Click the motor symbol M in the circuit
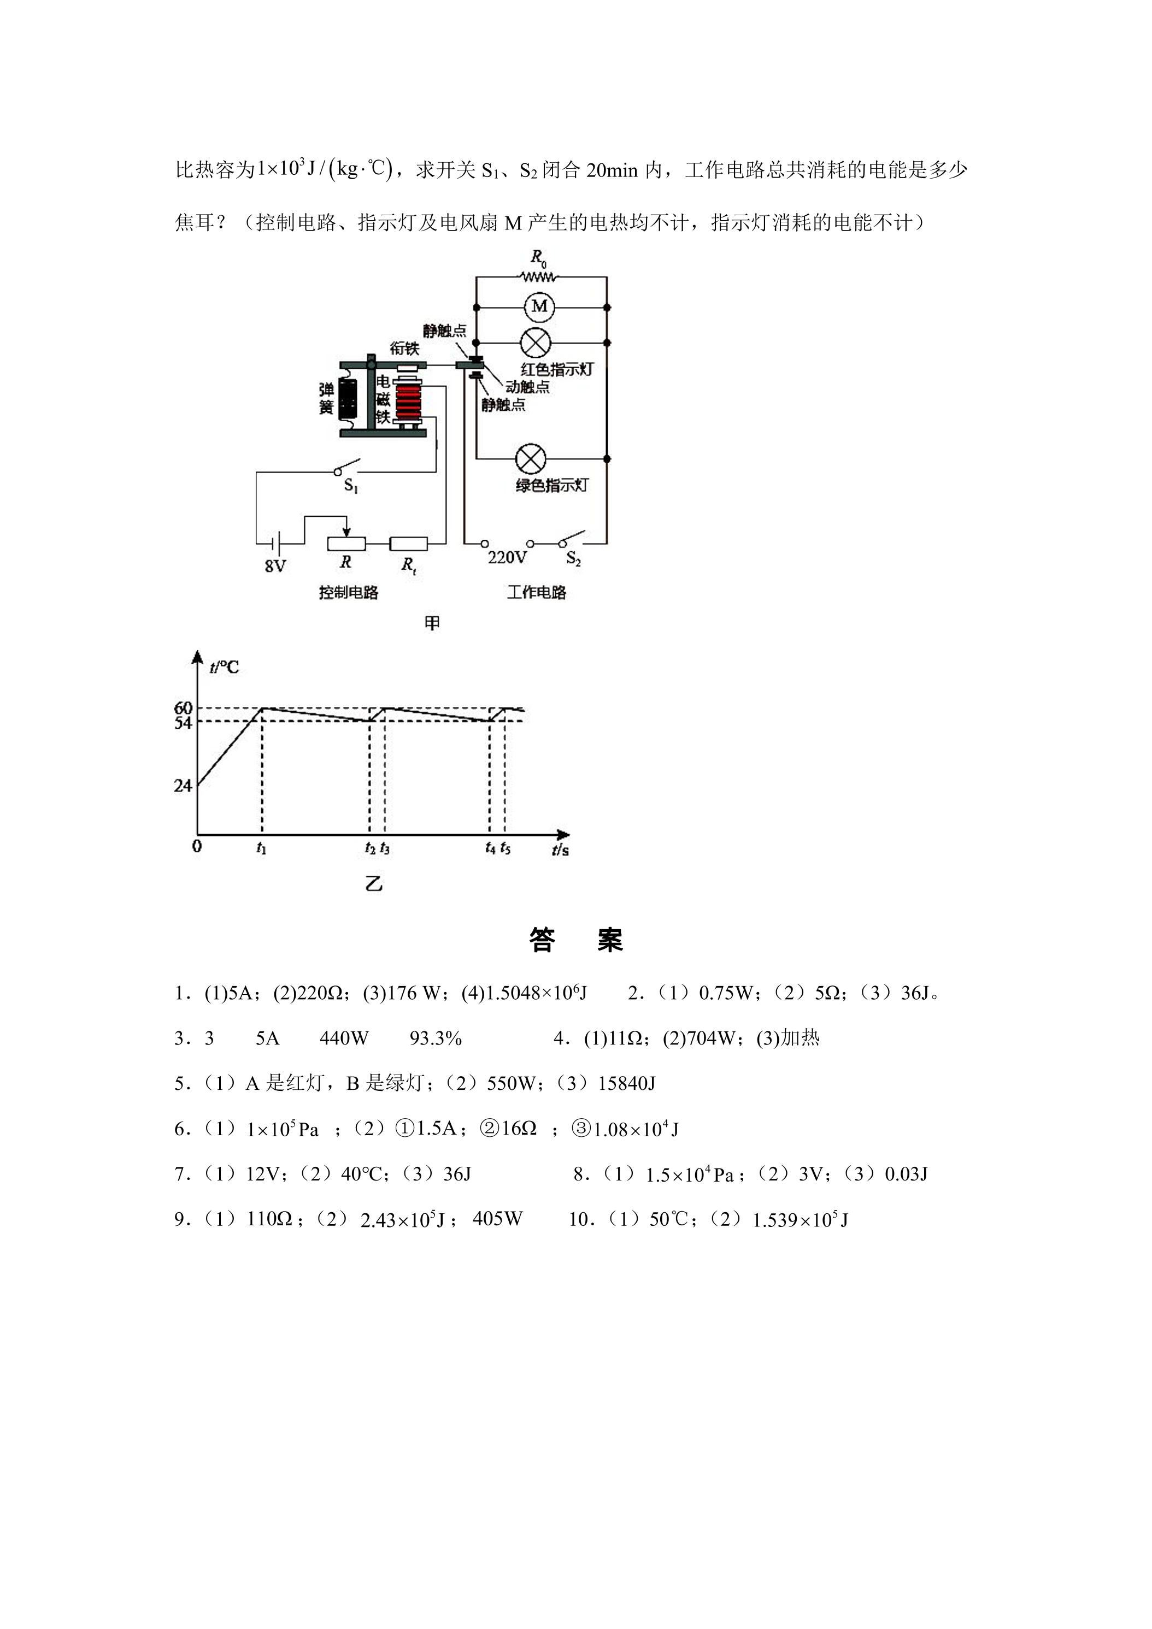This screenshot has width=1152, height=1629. click(x=540, y=306)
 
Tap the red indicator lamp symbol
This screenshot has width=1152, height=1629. click(x=534, y=343)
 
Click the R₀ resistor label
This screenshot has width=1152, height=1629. click(x=539, y=258)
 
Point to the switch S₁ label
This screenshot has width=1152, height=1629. click(x=351, y=486)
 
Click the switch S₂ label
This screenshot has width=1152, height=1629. click(x=573, y=559)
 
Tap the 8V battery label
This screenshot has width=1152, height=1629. click(x=275, y=566)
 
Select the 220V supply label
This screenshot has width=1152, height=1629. click(x=507, y=558)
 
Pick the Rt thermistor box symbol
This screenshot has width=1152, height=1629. click(x=409, y=544)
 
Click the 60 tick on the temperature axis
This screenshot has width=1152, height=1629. click(x=183, y=707)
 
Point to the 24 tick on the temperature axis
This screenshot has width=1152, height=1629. click(x=183, y=786)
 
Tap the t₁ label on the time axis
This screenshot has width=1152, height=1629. click(x=261, y=848)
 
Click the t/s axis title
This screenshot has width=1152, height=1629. click(x=560, y=849)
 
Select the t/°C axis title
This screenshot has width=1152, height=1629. click(x=225, y=667)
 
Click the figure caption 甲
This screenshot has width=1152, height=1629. click(x=432, y=623)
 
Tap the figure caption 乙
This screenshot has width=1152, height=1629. click(x=373, y=884)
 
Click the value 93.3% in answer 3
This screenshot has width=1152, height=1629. click(x=436, y=1038)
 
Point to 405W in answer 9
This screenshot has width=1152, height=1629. click(x=497, y=1219)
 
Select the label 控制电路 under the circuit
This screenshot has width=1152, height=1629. click(x=349, y=592)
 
